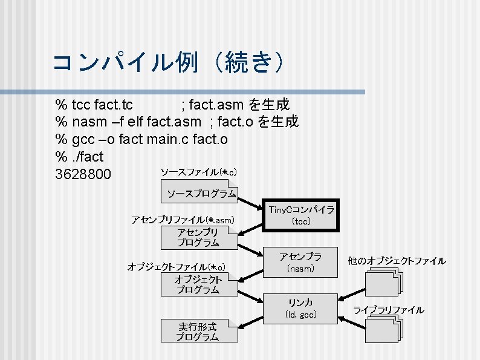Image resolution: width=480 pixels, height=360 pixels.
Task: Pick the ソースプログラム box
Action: coord(201,194)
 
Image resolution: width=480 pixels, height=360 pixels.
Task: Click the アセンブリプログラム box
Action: coord(199,237)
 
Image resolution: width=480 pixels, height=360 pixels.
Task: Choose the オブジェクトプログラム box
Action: coord(199,284)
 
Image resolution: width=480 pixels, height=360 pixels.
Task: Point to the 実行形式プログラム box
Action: coord(199,331)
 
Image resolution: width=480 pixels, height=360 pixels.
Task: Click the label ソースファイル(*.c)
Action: coord(198,172)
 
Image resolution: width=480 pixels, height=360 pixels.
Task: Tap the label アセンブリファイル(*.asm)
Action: coord(183,219)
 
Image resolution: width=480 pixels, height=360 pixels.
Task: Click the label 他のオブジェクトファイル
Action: coord(397,261)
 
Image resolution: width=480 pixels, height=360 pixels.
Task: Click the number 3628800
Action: coord(83,175)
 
